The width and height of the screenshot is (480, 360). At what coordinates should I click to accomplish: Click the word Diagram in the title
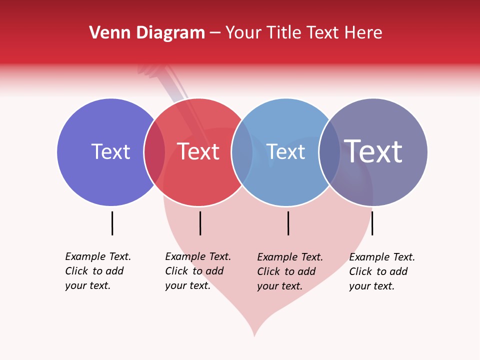(x=169, y=33)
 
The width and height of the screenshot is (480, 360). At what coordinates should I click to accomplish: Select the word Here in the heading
(x=363, y=33)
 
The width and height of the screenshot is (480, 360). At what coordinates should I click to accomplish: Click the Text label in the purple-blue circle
(x=110, y=152)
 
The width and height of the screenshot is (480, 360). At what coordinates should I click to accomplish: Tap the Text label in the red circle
(x=198, y=152)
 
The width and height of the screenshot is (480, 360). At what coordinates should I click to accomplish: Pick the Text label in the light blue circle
(x=286, y=152)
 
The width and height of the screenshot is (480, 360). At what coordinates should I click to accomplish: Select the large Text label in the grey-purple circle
(x=373, y=151)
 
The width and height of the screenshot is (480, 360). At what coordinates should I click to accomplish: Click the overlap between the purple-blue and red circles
(x=154, y=152)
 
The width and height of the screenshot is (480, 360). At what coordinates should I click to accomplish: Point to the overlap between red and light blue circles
(x=242, y=152)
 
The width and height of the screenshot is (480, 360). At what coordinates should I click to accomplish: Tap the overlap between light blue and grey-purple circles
(x=329, y=152)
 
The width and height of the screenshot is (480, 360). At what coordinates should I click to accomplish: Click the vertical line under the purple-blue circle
(x=112, y=223)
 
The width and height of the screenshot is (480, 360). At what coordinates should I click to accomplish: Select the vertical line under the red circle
(x=200, y=223)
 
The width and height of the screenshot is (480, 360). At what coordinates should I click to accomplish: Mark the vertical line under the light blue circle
(x=288, y=223)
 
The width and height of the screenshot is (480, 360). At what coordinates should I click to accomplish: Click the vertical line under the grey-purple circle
(x=372, y=223)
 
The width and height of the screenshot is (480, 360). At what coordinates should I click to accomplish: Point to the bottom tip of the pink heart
(x=254, y=335)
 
